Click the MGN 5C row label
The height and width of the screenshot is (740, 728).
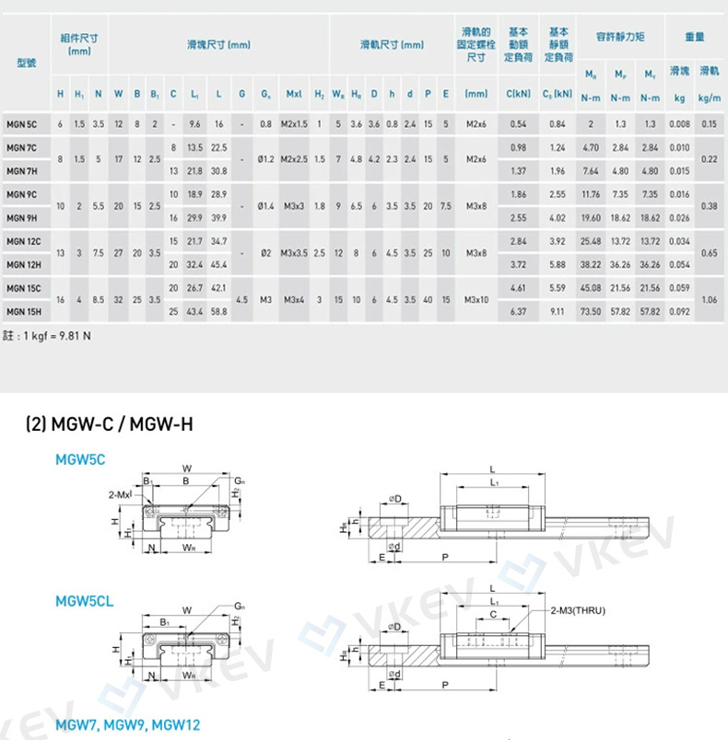21,123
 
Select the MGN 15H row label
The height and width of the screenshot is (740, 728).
22,312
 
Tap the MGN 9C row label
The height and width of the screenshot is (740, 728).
22,194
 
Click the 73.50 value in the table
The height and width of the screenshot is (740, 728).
591,312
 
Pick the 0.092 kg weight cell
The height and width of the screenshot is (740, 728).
680,312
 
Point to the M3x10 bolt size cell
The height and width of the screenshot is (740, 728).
476,300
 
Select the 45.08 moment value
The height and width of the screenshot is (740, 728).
591,288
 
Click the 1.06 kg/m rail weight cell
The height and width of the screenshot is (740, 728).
710,300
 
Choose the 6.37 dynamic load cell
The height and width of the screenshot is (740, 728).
518,312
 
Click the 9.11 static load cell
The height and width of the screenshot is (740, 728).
558,312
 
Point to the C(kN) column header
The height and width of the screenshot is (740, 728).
518,94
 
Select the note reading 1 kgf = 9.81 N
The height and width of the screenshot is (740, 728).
47,336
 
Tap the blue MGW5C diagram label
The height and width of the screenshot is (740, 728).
80,458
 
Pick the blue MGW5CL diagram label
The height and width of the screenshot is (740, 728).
85,602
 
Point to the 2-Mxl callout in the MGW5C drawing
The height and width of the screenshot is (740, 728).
121,494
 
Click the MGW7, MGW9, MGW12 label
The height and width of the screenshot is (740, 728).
127,725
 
